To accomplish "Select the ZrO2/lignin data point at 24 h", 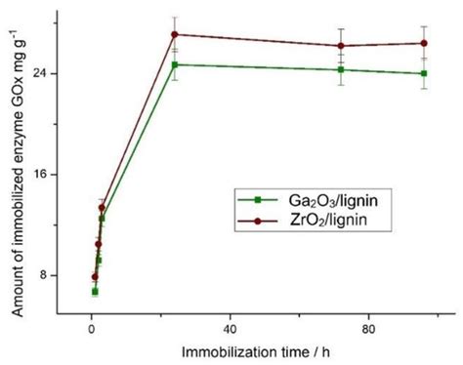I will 175,34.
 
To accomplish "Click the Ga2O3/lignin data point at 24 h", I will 175,64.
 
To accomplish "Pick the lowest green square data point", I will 95,291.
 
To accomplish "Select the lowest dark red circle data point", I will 95,276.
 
